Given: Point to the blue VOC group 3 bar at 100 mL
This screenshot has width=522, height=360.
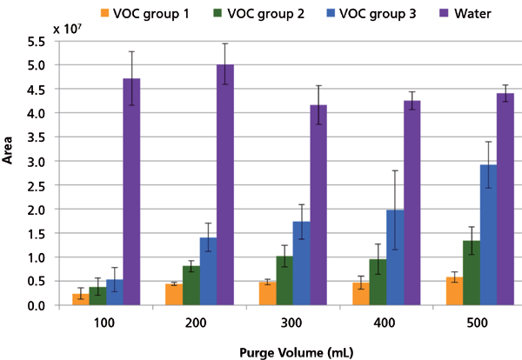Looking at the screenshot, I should coord(113,293).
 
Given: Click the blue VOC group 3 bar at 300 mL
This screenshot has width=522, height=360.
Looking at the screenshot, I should coord(300,263).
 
